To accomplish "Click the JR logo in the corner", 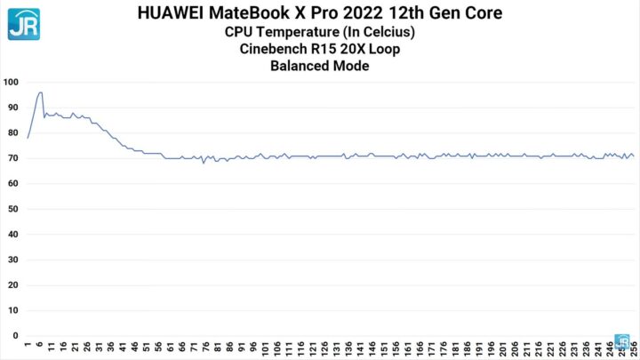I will pos(24,24).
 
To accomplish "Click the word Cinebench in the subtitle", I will pos(277,48).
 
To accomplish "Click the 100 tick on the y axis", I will pos(12,82).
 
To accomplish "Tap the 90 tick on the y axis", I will pos(12,108).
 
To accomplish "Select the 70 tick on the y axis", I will pos(12,158).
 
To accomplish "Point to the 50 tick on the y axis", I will pos(12,209).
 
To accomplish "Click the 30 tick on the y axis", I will pos(12,260).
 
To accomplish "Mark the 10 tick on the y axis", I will pos(12,311).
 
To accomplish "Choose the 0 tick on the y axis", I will pos(15,336).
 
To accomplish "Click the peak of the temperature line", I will pos(40,92).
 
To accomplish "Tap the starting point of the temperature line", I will pos(28,138).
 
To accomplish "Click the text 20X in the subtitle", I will pos(347,48).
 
